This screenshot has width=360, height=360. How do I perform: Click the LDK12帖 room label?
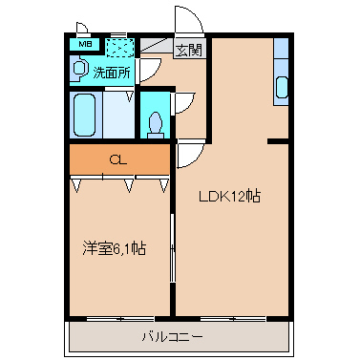tap(230, 196)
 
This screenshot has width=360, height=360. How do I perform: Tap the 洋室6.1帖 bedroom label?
tap(115, 248)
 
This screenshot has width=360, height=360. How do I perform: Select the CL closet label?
tap(118, 159)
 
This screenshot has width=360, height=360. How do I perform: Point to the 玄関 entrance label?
tap(189, 50)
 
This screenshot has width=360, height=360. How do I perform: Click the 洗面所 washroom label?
tap(112, 73)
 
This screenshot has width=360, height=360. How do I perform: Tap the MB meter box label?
tap(85, 44)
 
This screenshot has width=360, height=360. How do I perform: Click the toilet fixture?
tap(156, 126)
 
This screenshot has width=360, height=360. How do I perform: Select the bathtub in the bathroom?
tap(85, 115)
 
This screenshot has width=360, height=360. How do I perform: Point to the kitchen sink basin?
tap(282, 88)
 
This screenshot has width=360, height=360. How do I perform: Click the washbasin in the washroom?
tap(78, 68)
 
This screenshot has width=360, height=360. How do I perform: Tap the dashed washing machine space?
tap(119, 48)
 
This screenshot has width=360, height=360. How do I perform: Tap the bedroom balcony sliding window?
tap(120, 319)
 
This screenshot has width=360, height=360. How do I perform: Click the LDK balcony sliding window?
tap(233, 319)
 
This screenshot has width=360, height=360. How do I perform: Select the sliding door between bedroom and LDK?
tap(172, 248)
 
